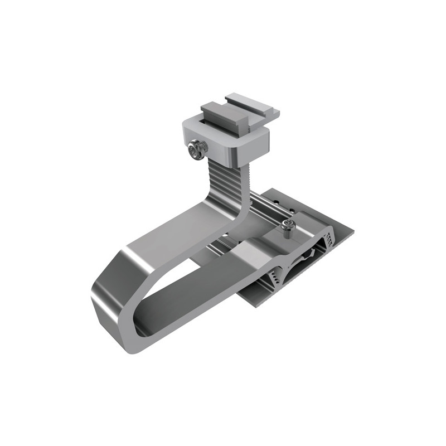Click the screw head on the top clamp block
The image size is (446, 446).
coord(197,149)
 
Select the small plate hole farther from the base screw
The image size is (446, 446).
coord(276,201)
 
